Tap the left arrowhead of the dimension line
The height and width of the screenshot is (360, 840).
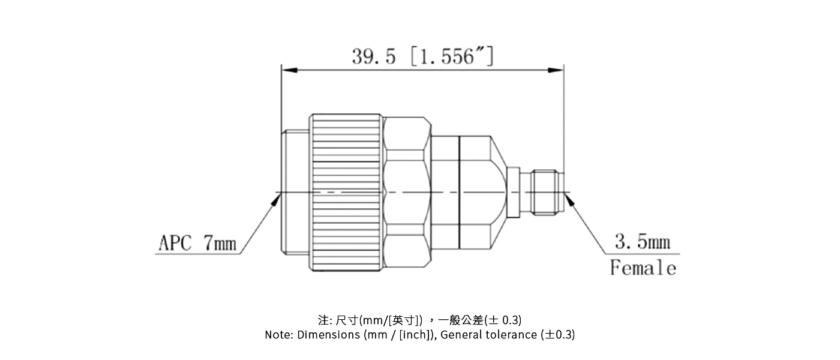point(289,70)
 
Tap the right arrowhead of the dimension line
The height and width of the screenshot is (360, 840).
point(556,70)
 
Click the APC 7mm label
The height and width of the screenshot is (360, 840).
point(197,244)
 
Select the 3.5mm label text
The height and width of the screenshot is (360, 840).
point(642,242)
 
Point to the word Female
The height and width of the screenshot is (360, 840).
point(643,268)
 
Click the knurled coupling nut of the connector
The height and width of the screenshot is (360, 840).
point(346,192)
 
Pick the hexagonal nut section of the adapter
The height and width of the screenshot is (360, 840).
point(406,192)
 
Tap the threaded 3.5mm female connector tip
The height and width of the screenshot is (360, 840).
point(548,192)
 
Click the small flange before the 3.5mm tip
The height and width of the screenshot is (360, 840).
point(513,192)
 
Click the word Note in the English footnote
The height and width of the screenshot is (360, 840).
point(278,335)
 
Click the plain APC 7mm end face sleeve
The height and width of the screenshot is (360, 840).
point(295,192)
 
